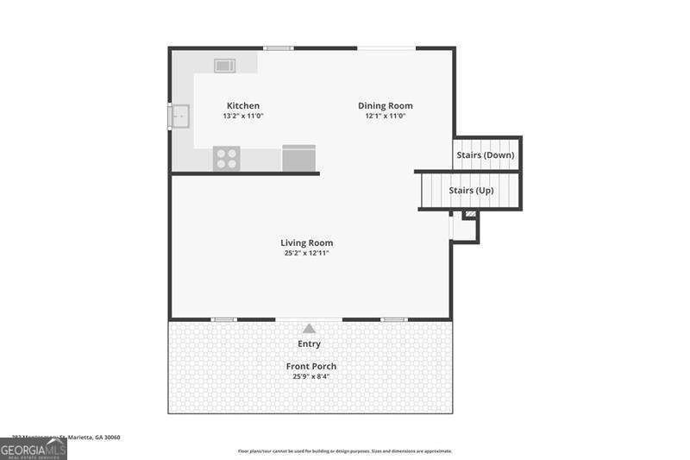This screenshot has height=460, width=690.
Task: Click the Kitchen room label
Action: pos(242,106)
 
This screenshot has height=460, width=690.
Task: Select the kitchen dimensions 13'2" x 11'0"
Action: pos(242,116)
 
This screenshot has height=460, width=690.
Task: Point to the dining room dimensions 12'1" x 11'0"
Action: pos(385,116)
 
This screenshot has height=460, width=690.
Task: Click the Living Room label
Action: pos(306,243)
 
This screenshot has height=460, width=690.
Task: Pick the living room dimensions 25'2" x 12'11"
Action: pos(306,253)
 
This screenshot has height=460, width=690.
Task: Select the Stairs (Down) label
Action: pos(485,155)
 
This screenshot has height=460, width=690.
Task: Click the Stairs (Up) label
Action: pos(471,190)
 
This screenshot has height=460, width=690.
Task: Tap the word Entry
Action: pos(309,343)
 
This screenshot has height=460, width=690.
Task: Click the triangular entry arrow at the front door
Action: pos(309,328)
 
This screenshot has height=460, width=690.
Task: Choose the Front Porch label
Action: pos(311,366)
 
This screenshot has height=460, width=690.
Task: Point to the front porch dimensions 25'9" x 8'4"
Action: pos(310,376)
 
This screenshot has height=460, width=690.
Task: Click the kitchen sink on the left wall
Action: pos(180,116)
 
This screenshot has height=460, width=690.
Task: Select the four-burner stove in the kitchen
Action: pos(226,158)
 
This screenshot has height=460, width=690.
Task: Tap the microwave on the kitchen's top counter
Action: pos(225,65)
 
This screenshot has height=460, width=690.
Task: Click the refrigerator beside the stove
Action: pos(298,158)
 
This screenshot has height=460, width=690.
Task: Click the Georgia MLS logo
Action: pos(33,449)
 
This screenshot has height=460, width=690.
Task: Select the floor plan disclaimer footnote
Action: pos(344,451)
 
